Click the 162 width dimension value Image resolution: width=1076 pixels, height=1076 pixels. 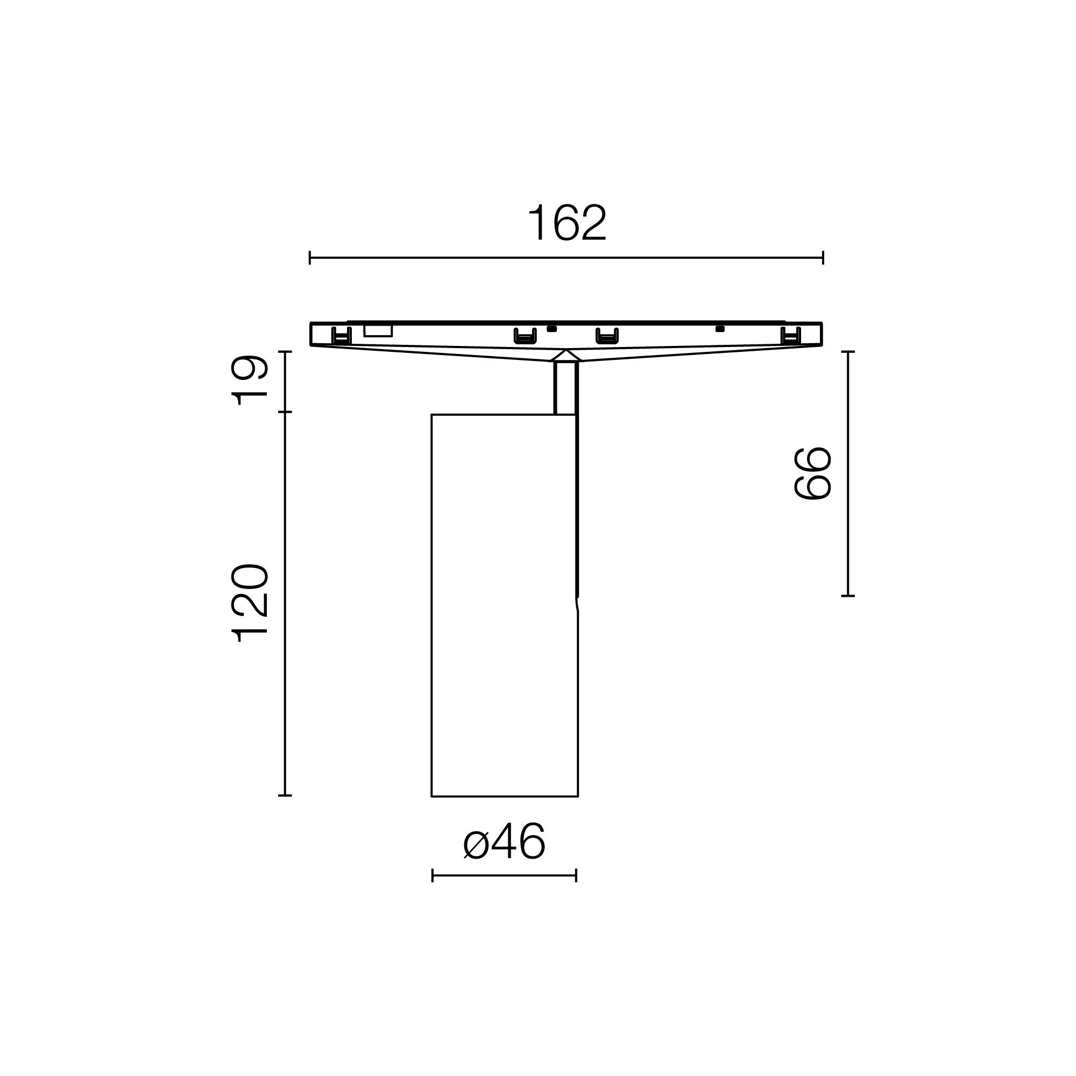click(x=567, y=223)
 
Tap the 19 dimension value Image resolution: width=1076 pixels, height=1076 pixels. click(x=251, y=380)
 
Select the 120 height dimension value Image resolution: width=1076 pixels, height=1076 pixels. click(x=251, y=603)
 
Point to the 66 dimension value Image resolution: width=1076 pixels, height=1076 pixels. click(x=812, y=473)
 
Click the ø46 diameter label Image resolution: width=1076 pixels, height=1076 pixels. click(x=505, y=842)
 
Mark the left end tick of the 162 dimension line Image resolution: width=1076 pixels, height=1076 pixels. click(x=310, y=258)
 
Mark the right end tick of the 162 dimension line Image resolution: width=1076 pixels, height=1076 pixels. click(x=823, y=258)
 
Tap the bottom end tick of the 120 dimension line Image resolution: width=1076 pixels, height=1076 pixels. click(x=285, y=795)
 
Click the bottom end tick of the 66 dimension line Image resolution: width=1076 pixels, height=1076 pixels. click(x=848, y=596)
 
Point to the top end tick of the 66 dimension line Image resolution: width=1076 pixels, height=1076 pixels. click(x=848, y=352)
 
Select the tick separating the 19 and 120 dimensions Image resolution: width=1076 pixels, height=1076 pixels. click(x=285, y=412)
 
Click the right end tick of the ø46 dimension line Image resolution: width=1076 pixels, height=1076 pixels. click(x=576, y=875)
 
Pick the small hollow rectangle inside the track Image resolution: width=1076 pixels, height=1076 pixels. click(x=378, y=331)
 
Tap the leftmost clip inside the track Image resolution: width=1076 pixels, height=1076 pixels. click(x=342, y=336)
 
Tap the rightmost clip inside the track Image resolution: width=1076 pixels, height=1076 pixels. click(x=790, y=336)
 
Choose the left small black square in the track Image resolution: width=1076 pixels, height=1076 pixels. click(x=552, y=329)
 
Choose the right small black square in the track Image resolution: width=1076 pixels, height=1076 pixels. click(x=720, y=329)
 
